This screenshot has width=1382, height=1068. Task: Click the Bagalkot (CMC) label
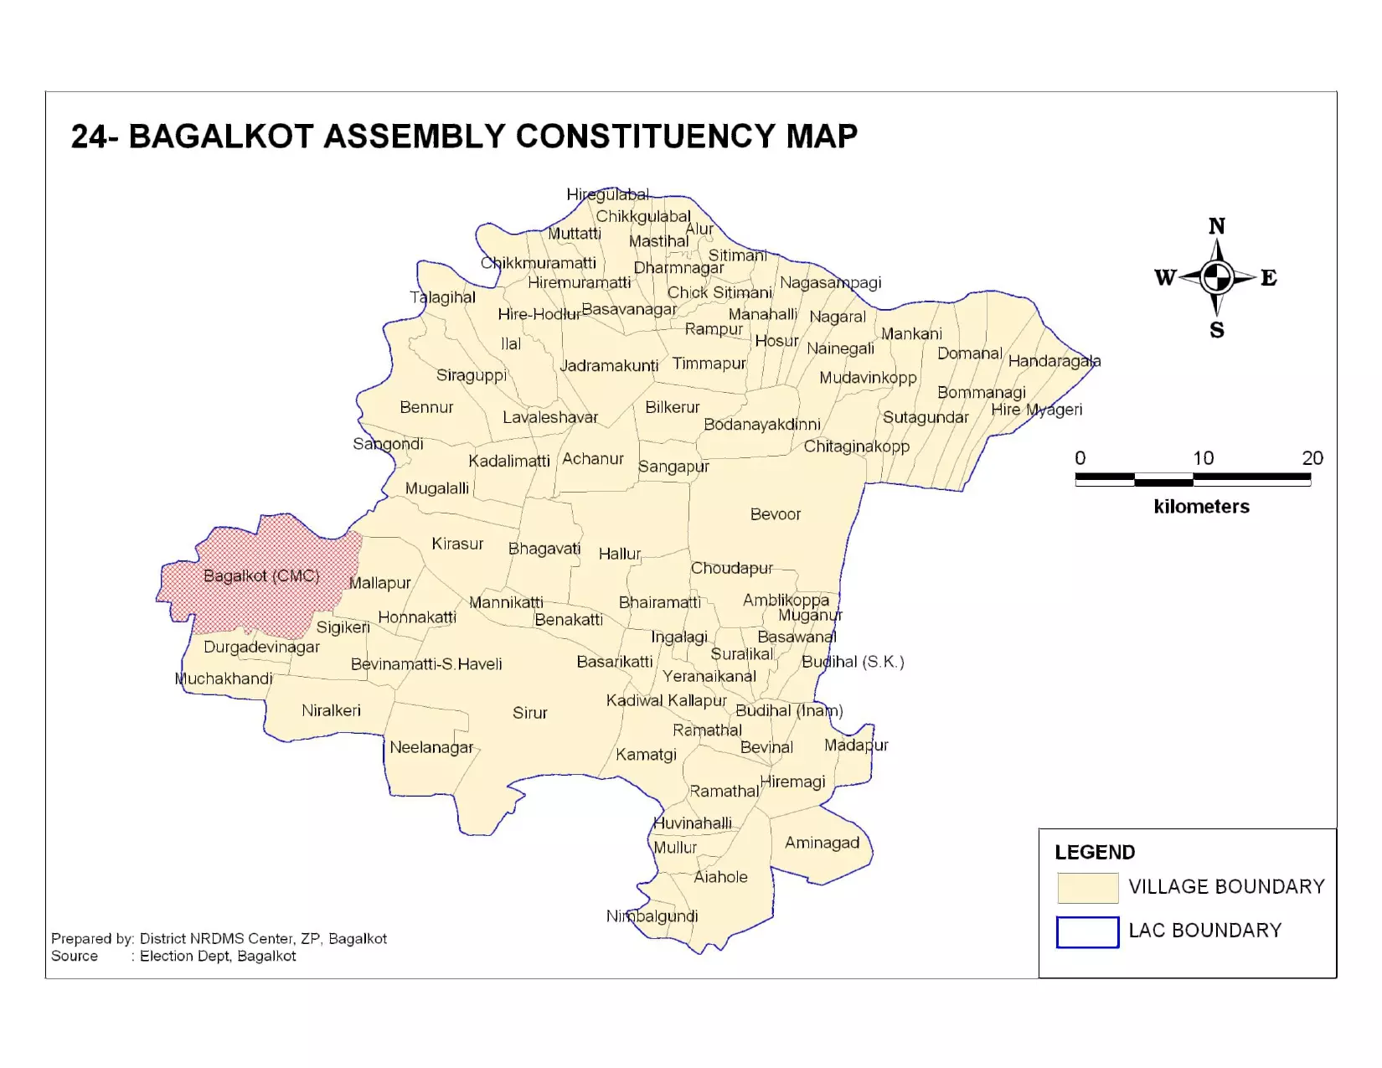pyautogui.click(x=261, y=576)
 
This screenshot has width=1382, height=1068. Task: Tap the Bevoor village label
pyautogui.click(x=775, y=514)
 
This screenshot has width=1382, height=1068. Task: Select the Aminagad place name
pyautogui.click(x=822, y=843)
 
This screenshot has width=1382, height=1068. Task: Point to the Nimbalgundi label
pyautogui.click(x=652, y=916)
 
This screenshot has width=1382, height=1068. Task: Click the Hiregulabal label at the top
pyautogui.click(x=607, y=195)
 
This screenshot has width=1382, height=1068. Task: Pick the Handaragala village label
pyautogui.click(x=1054, y=362)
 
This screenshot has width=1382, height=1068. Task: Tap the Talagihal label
pyautogui.click(x=442, y=297)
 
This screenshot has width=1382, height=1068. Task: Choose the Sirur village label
pyautogui.click(x=529, y=713)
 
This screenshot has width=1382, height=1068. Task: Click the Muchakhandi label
pyautogui.click(x=224, y=679)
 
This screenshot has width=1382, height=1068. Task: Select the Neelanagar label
pyautogui.click(x=431, y=747)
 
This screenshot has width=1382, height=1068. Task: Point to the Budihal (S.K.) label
pyautogui.click(x=853, y=662)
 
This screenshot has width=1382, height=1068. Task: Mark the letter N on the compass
pyautogui.click(x=1217, y=226)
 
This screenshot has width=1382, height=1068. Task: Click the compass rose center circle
pyautogui.click(x=1216, y=277)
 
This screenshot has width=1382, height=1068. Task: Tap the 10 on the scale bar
pyautogui.click(x=1203, y=458)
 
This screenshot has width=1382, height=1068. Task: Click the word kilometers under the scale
pyautogui.click(x=1201, y=507)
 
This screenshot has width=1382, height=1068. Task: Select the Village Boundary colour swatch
pyautogui.click(x=1087, y=888)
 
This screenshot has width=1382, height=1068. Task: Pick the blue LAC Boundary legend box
pyautogui.click(x=1087, y=931)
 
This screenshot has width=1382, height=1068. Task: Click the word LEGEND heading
pyautogui.click(x=1095, y=853)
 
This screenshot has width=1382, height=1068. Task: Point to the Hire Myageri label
pyautogui.click(x=1036, y=410)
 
